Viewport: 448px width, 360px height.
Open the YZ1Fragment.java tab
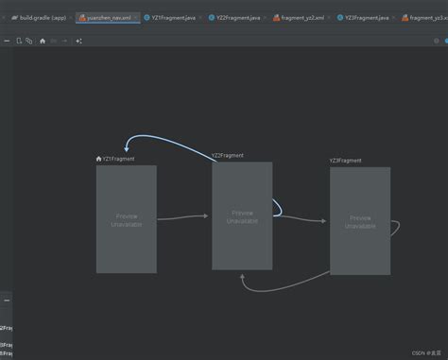[175, 17]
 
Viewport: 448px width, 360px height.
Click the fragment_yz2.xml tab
[303, 17]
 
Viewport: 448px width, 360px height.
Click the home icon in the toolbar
[42, 41]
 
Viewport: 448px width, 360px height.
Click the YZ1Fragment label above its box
[119, 159]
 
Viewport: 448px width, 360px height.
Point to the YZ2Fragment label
[228, 155]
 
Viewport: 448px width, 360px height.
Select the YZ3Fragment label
[346, 161]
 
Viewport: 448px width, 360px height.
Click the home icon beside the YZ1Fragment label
[99, 159]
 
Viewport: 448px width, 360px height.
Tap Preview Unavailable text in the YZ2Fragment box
[242, 216]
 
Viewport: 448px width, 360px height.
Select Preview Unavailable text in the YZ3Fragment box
[360, 222]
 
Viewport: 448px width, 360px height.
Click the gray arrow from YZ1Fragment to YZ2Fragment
[182, 217]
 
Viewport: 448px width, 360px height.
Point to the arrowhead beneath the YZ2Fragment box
[244, 279]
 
